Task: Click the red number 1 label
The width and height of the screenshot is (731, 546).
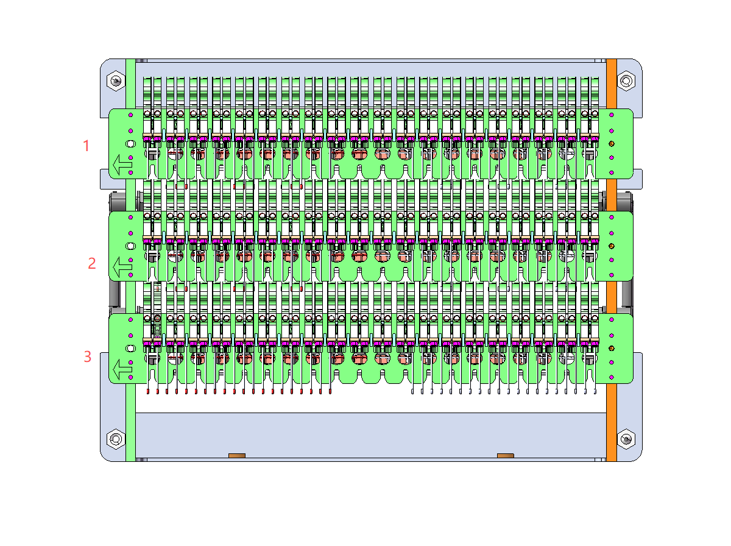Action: (87, 146)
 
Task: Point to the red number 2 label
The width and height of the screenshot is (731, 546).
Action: (92, 263)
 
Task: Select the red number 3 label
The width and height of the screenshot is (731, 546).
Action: (88, 356)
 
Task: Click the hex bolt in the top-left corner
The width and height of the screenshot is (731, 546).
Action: (116, 80)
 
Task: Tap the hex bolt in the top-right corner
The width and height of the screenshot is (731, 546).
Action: (626, 80)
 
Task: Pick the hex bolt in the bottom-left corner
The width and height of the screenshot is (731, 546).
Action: (116, 439)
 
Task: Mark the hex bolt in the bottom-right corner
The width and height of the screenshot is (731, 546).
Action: (626, 439)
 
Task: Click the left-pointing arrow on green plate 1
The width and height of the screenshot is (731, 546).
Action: (122, 165)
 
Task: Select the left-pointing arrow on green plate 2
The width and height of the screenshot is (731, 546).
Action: (122, 267)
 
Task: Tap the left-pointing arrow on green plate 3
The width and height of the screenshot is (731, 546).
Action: (122, 369)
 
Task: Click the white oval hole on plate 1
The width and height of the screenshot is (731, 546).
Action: (130, 144)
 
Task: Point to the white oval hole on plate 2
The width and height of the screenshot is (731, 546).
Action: (130, 246)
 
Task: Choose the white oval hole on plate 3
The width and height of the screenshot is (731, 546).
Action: (130, 349)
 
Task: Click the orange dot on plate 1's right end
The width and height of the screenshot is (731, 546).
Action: (612, 144)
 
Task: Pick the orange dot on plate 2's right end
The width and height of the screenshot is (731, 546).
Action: (612, 246)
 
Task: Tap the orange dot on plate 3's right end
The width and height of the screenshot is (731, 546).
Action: (612, 349)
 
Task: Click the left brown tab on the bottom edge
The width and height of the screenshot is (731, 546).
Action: (237, 455)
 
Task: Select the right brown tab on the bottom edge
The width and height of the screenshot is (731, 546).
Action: (505, 455)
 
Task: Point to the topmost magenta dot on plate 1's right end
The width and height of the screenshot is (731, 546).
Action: (612, 115)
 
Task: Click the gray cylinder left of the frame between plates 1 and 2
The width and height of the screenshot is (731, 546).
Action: (117, 201)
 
